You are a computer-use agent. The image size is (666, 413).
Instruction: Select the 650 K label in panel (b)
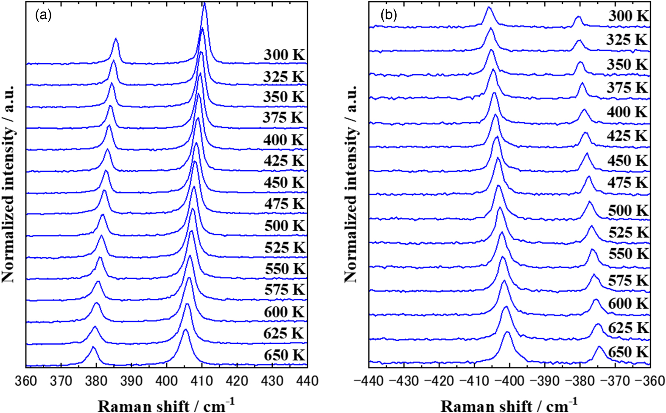[628, 352]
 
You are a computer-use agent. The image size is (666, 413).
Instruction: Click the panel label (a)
[43, 15]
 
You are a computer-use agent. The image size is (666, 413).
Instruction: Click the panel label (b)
[389, 15]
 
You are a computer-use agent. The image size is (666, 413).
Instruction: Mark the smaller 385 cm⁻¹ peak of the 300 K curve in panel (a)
[115, 39]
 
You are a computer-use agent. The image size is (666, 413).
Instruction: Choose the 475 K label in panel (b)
[628, 183]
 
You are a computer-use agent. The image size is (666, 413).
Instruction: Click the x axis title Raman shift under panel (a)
[166, 405]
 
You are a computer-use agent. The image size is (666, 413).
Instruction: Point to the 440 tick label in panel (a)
[307, 381]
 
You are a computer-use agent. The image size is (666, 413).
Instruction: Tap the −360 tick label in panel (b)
[650, 381]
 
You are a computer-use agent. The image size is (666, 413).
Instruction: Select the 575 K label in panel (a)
[284, 289]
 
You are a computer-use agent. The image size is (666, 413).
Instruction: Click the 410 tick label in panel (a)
[201, 381]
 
